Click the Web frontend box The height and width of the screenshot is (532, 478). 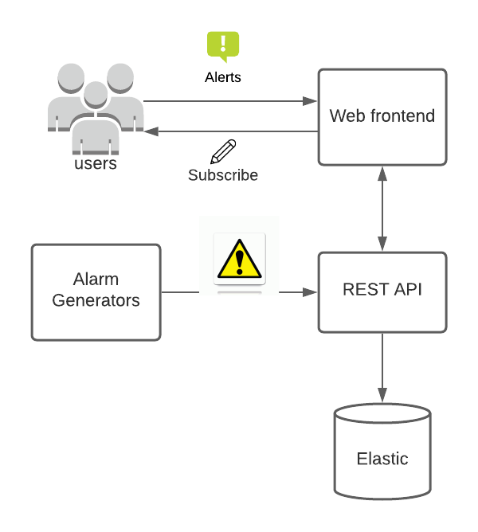(382, 117)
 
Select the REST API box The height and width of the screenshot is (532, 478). (382, 292)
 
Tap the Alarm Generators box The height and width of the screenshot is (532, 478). (96, 292)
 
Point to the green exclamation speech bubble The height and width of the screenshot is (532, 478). (223, 45)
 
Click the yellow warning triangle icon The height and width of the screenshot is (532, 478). (239, 258)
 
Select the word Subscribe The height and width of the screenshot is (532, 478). (223, 175)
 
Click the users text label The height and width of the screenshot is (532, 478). (96, 164)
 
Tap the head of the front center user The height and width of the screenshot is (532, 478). (96, 94)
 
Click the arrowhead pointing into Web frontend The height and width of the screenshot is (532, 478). (311, 101)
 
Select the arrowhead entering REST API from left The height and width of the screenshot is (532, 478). (311, 292)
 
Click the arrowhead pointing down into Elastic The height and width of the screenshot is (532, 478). (382, 395)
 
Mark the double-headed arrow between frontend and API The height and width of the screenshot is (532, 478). (382, 209)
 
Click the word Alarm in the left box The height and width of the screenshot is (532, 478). (96, 280)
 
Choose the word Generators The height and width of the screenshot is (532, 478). (96, 300)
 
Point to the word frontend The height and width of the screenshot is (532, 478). (406, 116)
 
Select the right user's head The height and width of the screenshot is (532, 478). (120, 77)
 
